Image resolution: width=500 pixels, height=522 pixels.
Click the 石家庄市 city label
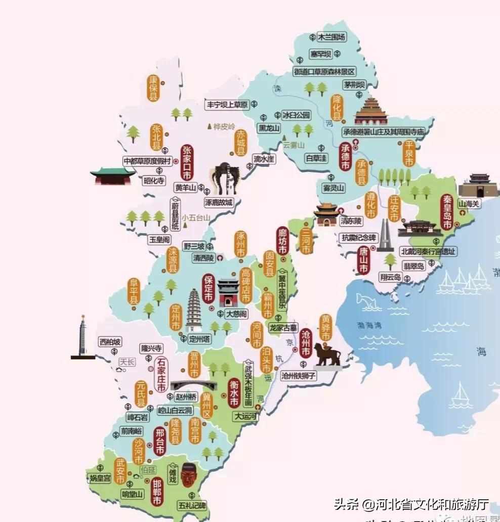tap(161, 375)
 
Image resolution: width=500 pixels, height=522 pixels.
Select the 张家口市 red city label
tap(187, 162)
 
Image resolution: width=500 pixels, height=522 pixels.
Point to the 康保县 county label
tap(153, 88)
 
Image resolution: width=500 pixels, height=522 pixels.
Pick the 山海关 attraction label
tap(469, 204)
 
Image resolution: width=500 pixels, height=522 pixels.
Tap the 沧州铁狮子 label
tap(299, 375)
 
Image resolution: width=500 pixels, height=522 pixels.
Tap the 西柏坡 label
tap(110, 342)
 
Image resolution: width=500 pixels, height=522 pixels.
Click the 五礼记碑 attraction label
tap(191, 504)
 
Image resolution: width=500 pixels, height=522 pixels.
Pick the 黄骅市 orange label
tap(325, 328)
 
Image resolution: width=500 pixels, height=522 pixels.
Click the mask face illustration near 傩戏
tap(188, 474)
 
